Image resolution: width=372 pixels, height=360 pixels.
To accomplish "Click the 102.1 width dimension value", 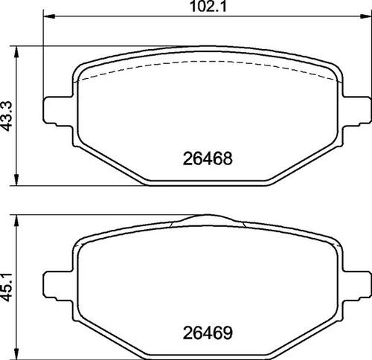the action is point(208,7).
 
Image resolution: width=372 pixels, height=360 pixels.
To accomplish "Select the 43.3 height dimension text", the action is point(7,115).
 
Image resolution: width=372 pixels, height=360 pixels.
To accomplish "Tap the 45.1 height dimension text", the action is point(7,287).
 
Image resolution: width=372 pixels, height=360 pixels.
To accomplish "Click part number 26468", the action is point(208,158).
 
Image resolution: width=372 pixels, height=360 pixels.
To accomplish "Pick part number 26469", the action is point(208,333).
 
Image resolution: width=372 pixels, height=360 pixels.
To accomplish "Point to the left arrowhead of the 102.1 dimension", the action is point(49,16).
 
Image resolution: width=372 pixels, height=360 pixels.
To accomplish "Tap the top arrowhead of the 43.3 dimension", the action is point(16,51).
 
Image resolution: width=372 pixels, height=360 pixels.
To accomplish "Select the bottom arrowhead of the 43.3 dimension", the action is point(16,180).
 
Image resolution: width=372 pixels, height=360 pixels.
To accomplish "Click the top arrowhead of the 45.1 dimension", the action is point(16,220).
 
